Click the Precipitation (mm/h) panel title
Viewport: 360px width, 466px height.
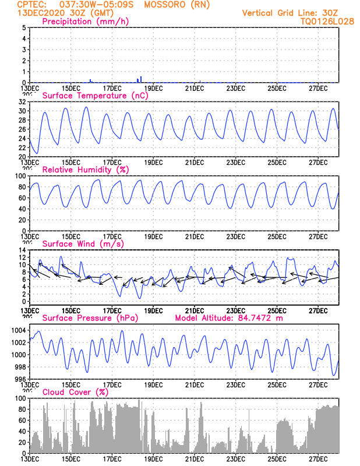86,22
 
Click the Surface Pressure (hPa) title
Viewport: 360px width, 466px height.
91,318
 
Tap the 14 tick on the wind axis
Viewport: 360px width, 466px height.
22,250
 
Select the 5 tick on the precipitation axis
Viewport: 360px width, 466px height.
24,27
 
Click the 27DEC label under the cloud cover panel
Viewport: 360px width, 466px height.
319,458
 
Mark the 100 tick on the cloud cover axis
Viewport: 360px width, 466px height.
20,398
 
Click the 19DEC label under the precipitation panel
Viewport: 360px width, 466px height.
153,88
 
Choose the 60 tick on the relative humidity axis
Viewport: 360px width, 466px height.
22,197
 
